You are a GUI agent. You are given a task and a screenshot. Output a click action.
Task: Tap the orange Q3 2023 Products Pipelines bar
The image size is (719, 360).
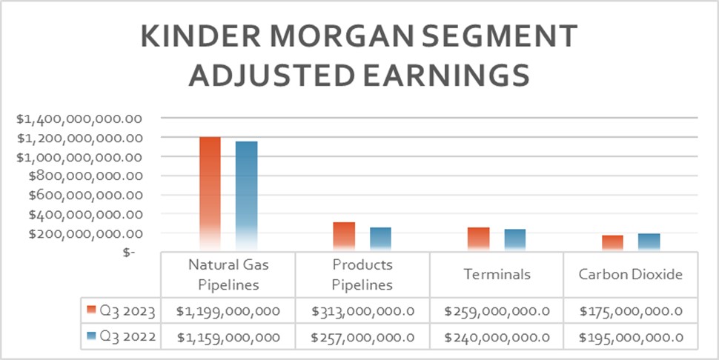coord(344,237)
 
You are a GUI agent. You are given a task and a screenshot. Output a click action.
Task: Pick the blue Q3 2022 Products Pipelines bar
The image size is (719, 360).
coord(380,239)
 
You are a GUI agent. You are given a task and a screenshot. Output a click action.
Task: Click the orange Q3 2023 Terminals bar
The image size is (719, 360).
coord(478,239)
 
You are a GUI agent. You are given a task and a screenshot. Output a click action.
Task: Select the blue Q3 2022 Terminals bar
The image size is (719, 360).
coord(514,240)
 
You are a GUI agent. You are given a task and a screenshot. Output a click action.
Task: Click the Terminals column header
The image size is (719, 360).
coord(497,274)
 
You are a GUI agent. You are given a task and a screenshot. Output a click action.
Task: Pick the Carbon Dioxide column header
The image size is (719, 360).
coord(631,274)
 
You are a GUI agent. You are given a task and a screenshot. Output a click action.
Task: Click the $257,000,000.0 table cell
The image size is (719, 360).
coord(362,337)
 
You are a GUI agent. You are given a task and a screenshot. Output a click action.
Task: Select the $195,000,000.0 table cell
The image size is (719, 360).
coord(631,337)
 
